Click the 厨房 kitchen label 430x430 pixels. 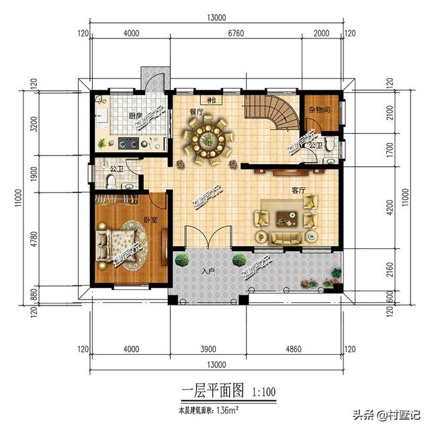pos(135,116)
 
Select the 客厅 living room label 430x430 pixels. pos(298,191)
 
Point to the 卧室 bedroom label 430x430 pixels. pos(150,220)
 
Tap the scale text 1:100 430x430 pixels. pos(264,390)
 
